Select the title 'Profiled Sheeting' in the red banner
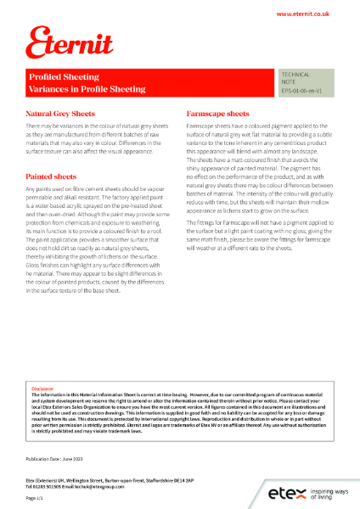tap(58, 76)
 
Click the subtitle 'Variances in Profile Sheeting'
tap(87, 89)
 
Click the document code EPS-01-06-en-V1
tap(301, 89)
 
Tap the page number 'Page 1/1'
tap(35, 499)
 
